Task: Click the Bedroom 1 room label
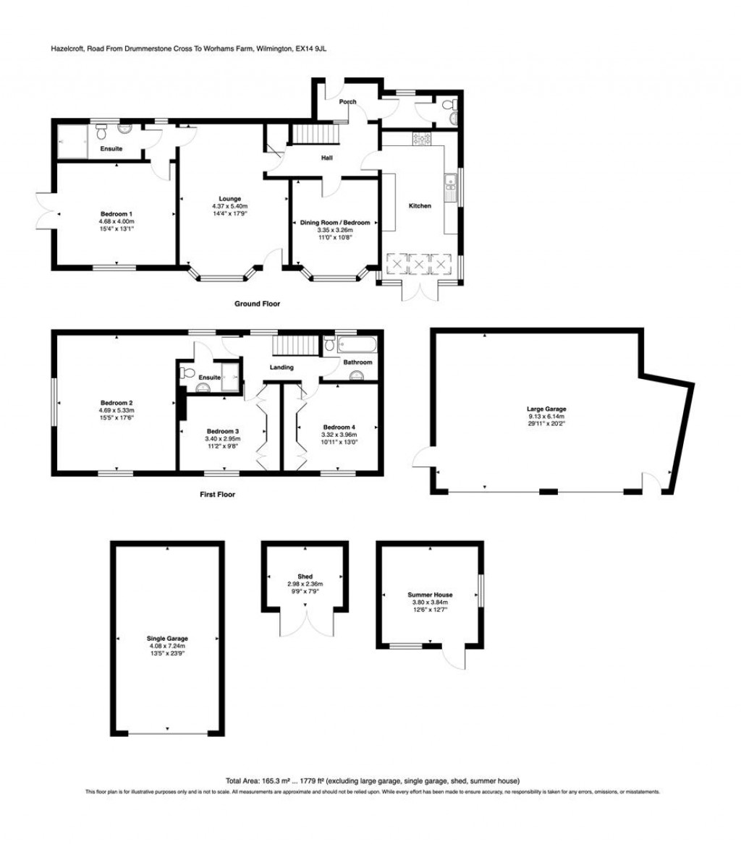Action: (117, 213)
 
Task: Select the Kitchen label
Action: (420, 206)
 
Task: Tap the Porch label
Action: (347, 102)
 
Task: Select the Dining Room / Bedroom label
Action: (335, 222)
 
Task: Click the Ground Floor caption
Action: (257, 304)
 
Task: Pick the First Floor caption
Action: (217, 495)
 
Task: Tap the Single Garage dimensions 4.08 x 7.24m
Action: (167, 647)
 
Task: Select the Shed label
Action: (304, 576)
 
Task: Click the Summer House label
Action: (430, 594)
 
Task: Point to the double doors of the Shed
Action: (307, 622)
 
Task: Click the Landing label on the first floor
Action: (281, 367)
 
